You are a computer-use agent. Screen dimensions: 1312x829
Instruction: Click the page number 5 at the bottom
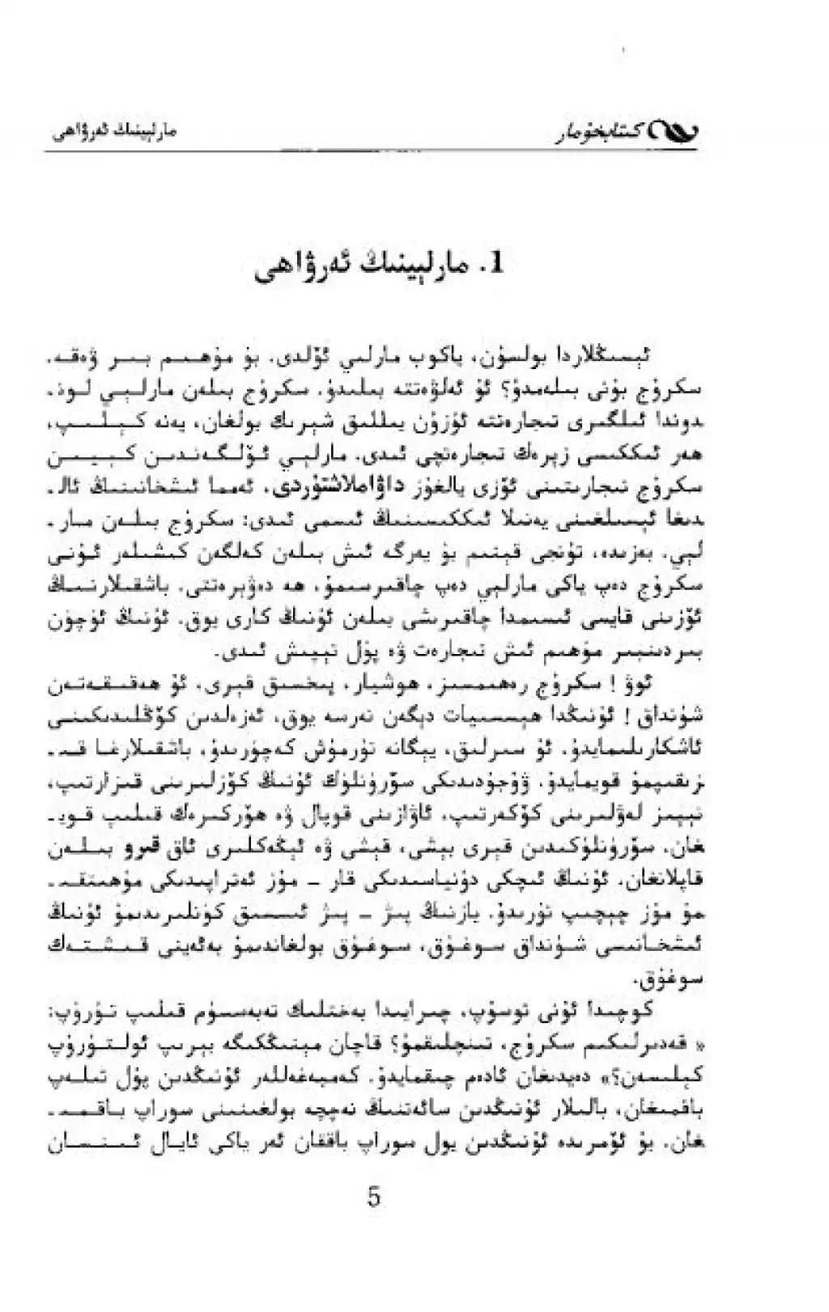click(374, 1195)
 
